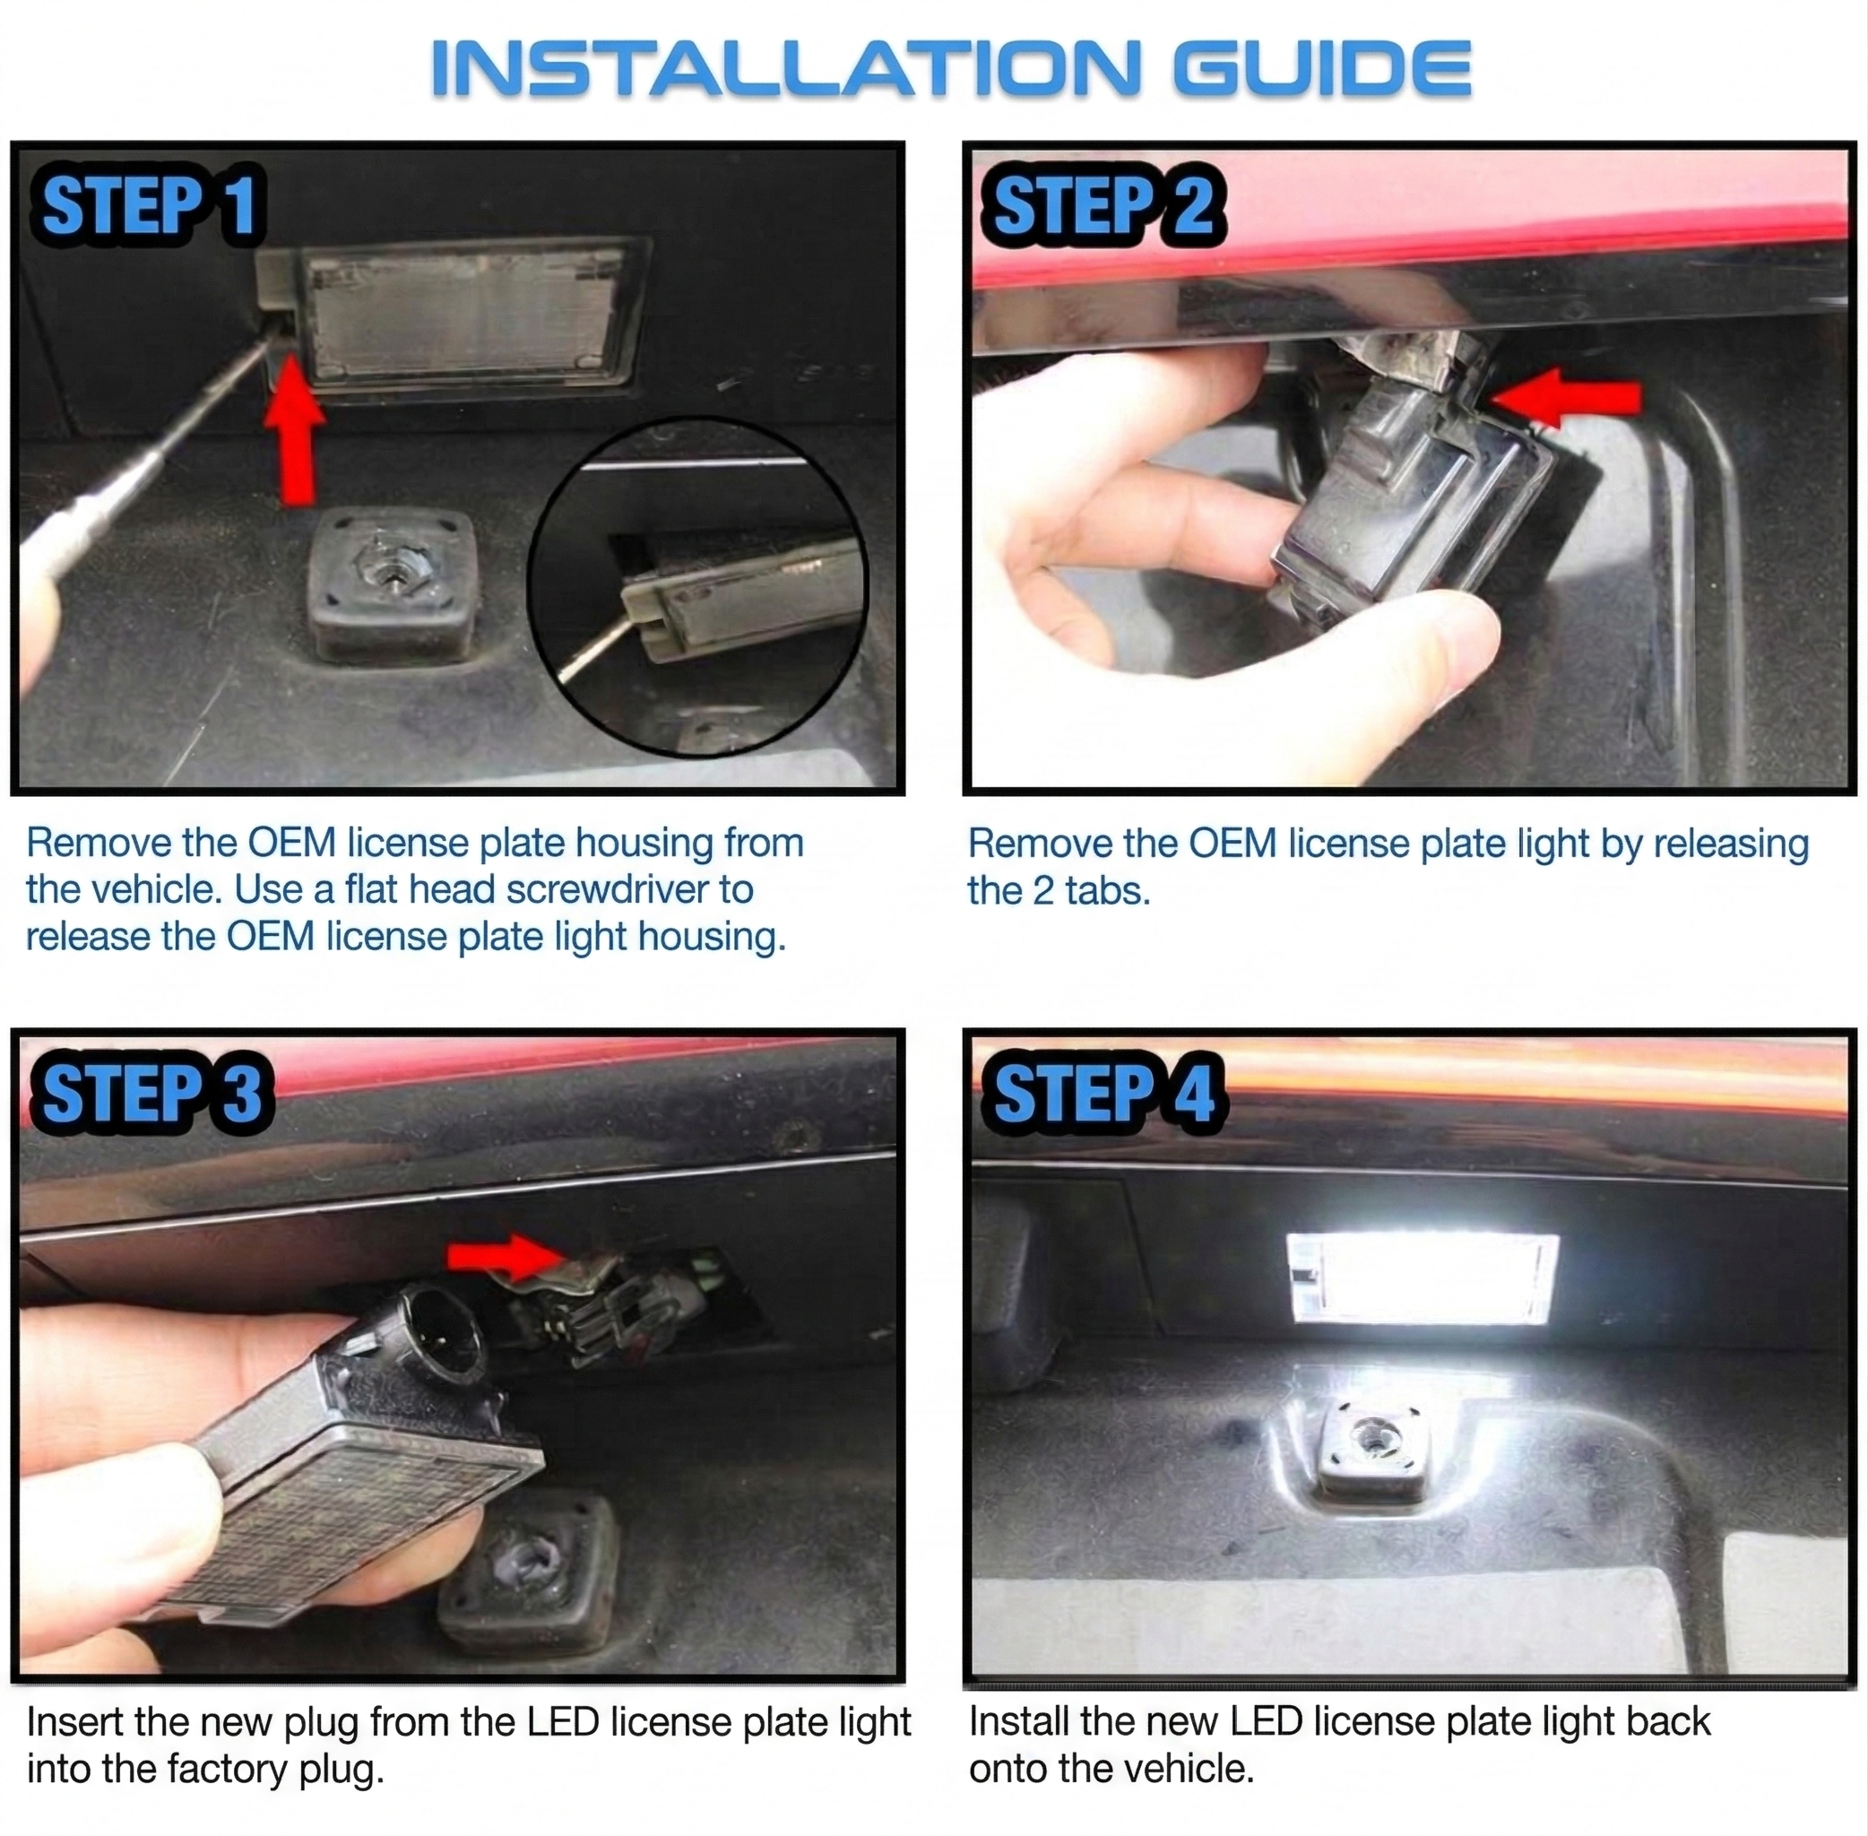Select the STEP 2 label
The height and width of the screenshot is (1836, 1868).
(x=1103, y=206)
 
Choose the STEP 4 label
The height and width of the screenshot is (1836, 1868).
(x=1103, y=1094)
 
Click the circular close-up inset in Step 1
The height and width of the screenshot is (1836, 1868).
(x=697, y=587)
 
